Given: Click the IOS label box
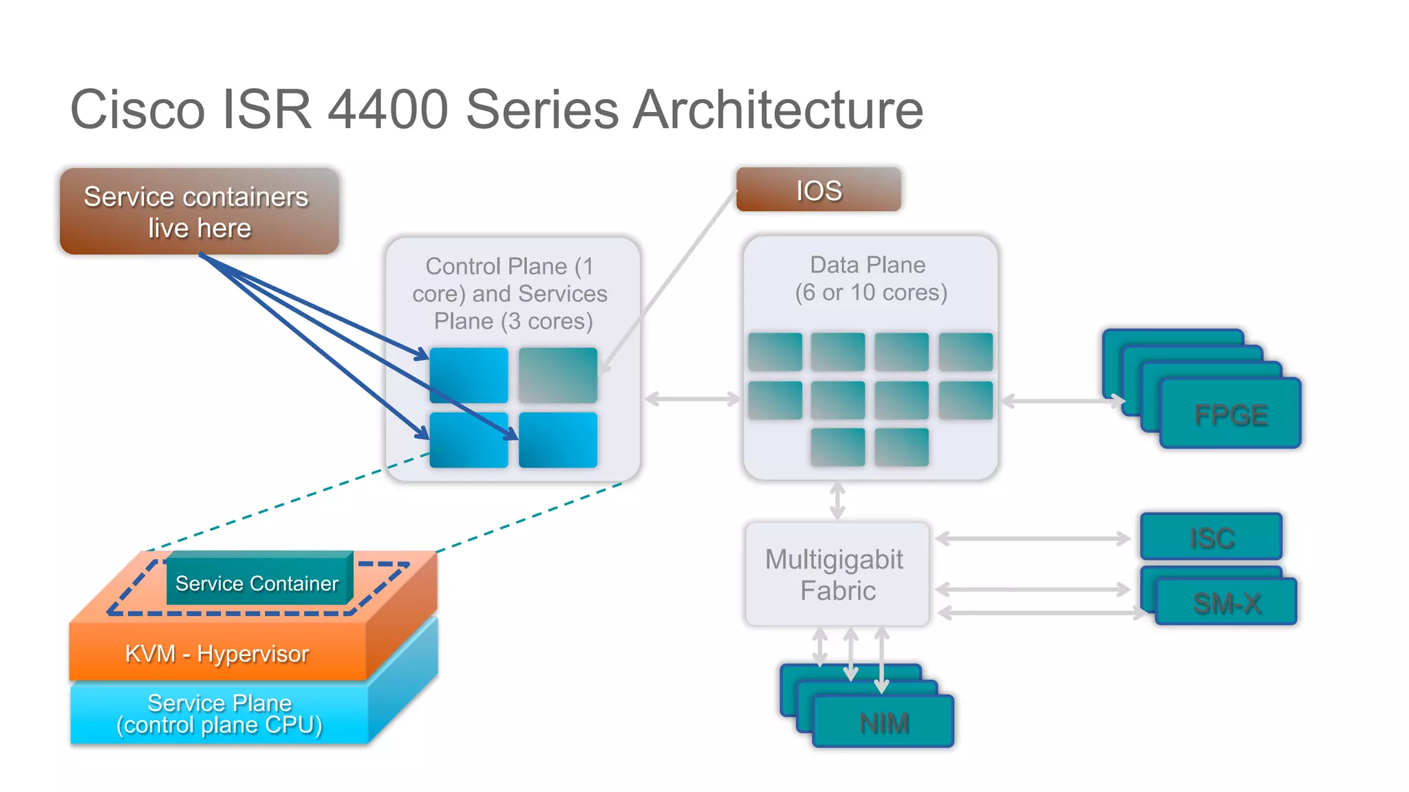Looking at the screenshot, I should [x=818, y=190].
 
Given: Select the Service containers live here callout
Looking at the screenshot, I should [x=199, y=212].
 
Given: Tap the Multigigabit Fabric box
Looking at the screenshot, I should [x=837, y=575].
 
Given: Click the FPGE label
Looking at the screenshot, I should [x=1230, y=415].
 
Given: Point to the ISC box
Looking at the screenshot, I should [x=1211, y=538].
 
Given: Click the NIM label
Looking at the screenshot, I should [x=883, y=723].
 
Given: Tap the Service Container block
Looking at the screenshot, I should [x=257, y=583].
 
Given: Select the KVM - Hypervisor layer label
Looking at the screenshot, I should [x=217, y=653].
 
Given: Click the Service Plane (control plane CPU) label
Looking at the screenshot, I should [x=219, y=714].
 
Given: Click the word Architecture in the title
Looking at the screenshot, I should [x=777, y=110].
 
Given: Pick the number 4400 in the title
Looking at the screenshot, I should [x=387, y=110].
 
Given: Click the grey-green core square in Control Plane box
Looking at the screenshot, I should [x=557, y=375].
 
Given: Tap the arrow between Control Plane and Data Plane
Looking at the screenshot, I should [x=692, y=399].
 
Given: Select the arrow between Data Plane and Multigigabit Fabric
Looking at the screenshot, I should [x=837, y=500].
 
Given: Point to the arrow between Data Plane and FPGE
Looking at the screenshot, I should [x=1060, y=401].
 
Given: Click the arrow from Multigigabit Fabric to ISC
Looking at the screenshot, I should [x=1032, y=539].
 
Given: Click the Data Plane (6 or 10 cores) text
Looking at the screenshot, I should [x=870, y=279].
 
